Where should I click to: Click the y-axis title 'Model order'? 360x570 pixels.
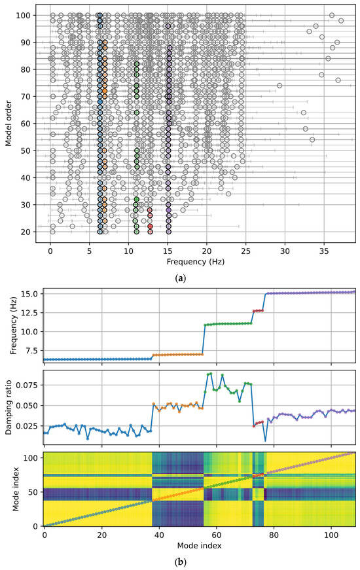coord(9,122)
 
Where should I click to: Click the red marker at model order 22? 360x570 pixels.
coord(150,226)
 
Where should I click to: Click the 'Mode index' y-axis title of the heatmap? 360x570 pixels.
coord(9,488)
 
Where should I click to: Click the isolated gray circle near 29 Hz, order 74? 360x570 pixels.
coord(279,85)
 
